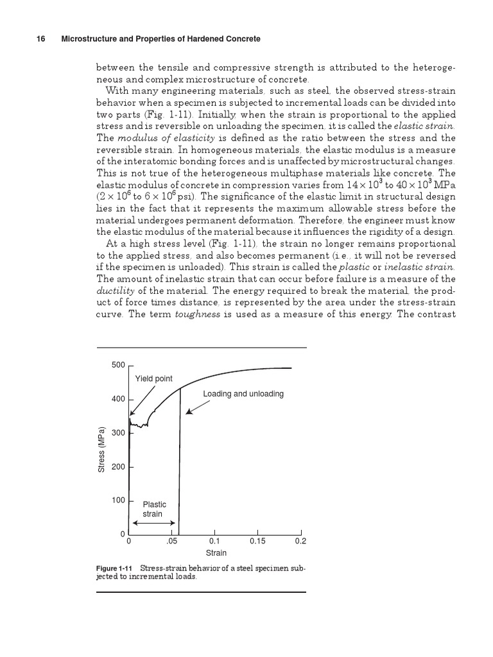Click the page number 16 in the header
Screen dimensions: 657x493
coord(40,39)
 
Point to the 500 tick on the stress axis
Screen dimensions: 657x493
coord(118,365)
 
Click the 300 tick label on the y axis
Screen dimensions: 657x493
coord(118,433)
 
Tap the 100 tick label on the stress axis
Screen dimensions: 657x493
coord(118,500)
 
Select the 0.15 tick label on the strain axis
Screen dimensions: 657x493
coord(257,542)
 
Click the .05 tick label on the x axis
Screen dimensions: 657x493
coord(171,542)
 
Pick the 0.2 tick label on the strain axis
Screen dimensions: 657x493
coord(300,542)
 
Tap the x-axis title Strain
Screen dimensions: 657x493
coord(216,553)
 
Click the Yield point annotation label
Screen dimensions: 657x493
coord(153,379)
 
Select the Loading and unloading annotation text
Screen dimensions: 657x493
coord(243,393)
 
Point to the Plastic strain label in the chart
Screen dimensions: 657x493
coord(154,509)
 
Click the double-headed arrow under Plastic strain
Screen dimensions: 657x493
coord(153,524)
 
